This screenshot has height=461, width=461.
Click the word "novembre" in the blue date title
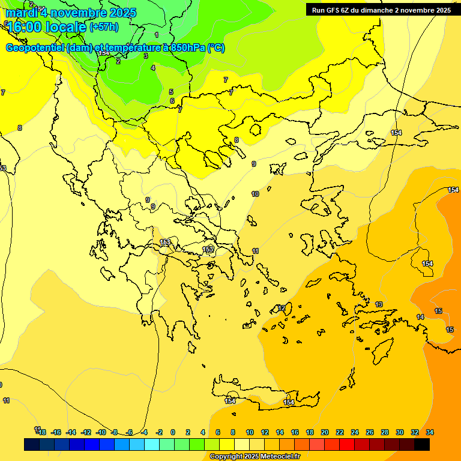(x=79, y=13)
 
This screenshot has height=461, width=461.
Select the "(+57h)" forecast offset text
(x=104, y=27)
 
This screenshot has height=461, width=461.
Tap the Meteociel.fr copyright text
(x=255, y=456)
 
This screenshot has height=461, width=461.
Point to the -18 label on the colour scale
(x=41, y=432)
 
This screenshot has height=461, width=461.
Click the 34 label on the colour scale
(x=430, y=432)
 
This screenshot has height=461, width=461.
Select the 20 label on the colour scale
(x=325, y=432)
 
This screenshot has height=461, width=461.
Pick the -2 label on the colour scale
(x=159, y=432)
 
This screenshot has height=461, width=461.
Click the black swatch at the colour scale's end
(x=422, y=444)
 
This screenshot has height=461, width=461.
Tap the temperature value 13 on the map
(x=379, y=304)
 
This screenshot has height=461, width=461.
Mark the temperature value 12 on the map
(x=282, y=308)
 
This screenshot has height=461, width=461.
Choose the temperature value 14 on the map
(x=420, y=317)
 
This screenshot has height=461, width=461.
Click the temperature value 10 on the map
(x=255, y=194)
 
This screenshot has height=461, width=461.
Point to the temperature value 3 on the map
(x=146, y=56)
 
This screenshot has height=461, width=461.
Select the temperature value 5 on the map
(x=171, y=92)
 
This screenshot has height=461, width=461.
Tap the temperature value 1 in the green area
(x=157, y=35)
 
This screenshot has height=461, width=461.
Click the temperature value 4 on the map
(x=153, y=68)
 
